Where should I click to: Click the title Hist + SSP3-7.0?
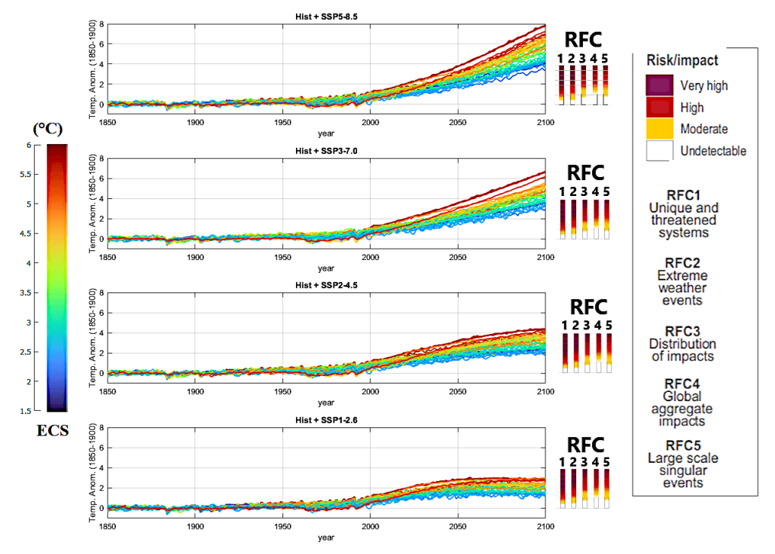click(x=325, y=150)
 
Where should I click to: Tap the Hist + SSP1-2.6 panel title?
click(x=325, y=420)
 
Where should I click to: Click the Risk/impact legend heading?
click(x=682, y=60)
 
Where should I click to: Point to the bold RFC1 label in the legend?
click(x=682, y=194)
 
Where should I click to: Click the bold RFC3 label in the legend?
click(x=682, y=330)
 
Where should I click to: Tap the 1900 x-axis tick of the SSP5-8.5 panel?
click(x=195, y=122)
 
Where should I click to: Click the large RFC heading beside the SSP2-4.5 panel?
click(x=588, y=308)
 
